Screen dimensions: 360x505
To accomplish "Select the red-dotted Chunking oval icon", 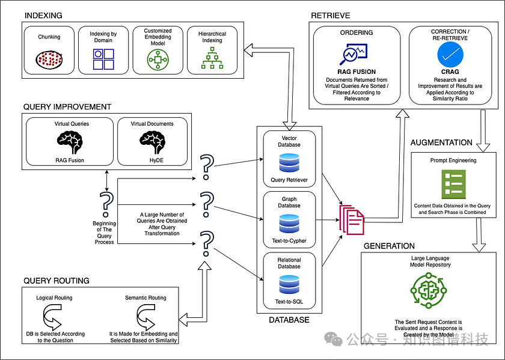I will [49, 58].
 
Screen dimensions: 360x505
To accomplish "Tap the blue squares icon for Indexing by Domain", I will [103, 60].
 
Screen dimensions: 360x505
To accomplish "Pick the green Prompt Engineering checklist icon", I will [454, 184].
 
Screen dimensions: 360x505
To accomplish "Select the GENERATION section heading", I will [389, 246].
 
